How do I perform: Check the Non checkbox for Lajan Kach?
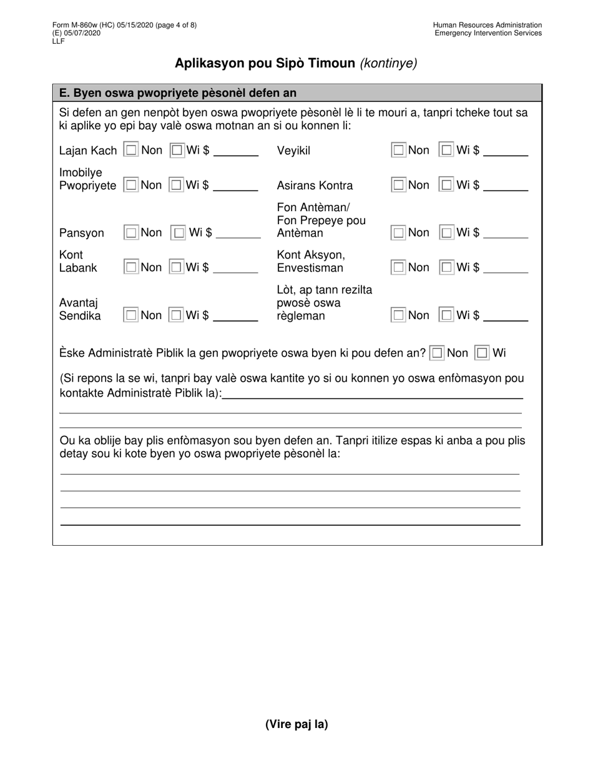tap(131, 150)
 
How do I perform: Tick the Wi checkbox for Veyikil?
tap(447, 150)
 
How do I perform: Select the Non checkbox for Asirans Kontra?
tap(398, 185)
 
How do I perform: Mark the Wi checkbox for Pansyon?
tap(179, 233)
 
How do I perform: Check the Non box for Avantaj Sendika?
tap(131, 315)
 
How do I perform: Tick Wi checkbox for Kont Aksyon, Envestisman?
tap(447, 267)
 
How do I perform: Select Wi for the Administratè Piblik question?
tap(483, 353)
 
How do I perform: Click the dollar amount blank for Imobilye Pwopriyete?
tap(235, 186)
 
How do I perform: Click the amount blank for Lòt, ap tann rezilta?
tap(506, 317)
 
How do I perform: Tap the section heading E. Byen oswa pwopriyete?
tap(177, 93)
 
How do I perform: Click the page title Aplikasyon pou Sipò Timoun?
tap(265, 63)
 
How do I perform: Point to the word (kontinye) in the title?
tap(388, 63)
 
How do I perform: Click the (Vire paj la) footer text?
tap(296, 724)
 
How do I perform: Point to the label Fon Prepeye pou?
tap(321, 220)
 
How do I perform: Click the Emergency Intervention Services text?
tap(488, 33)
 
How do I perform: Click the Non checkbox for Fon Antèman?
tap(398, 233)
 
